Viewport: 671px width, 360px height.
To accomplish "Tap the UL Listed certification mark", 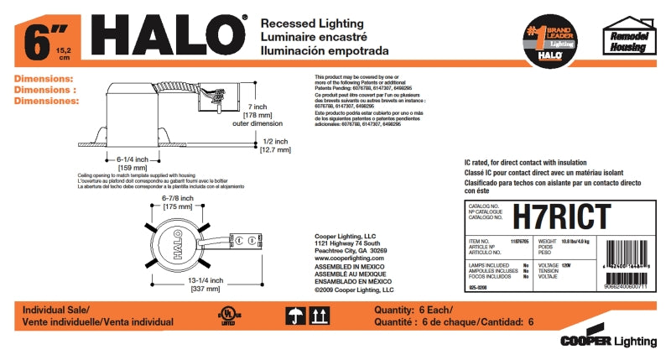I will tap(226, 316).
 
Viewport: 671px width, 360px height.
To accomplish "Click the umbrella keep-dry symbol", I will tap(295, 316).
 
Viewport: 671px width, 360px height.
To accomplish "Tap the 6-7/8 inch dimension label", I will tap(178, 201).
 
